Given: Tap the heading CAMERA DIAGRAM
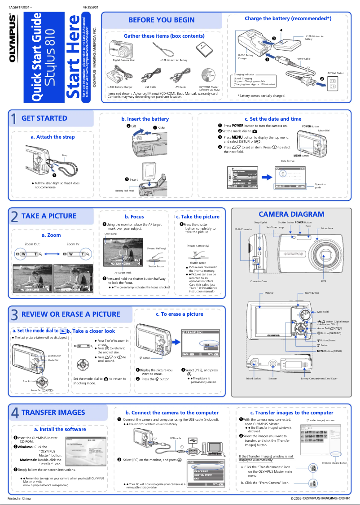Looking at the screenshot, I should (291, 214).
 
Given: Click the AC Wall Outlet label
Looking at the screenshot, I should (335, 73).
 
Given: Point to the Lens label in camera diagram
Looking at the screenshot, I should (323, 281).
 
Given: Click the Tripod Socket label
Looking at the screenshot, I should (253, 378).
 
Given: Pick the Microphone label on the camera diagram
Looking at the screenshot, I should (327, 228).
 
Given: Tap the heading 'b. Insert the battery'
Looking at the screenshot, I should (145, 119).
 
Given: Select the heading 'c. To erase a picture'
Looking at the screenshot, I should (180, 314).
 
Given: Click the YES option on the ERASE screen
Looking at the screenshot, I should (207, 344).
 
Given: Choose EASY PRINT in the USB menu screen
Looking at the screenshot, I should (201, 471).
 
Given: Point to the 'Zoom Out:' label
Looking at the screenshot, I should (32, 244).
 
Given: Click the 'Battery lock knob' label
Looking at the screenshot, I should (125, 190).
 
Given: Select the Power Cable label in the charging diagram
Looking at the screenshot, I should (303, 59).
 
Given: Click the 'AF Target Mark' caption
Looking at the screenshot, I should (123, 273).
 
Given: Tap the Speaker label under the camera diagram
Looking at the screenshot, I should (272, 378).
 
